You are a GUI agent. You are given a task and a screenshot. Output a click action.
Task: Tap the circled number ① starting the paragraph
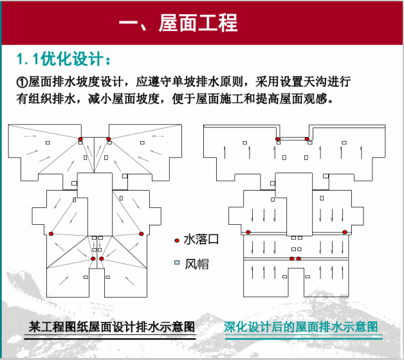click(x=21, y=82)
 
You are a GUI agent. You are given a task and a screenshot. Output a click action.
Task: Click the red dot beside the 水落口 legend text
click(x=176, y=240)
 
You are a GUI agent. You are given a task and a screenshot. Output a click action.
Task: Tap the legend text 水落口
click(x=201, y=240)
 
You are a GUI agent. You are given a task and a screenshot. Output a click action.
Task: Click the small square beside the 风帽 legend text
click(x=176, y=263)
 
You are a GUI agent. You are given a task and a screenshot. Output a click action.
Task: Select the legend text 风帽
click(x=196, y=263)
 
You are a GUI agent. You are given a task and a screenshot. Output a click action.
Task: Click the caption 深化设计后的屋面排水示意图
click(x=301, y=327)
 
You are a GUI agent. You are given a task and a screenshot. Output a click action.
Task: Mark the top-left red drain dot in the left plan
click(x=80, y=139)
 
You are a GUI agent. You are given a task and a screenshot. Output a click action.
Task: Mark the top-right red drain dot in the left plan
click(x=109, y=139)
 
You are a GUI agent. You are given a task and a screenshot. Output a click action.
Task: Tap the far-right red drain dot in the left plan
click(x=142, y=233)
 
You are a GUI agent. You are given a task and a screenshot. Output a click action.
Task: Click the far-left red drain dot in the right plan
click(x=248, y=232)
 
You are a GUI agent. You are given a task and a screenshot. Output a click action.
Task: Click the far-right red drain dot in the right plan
click(x=345, y=232)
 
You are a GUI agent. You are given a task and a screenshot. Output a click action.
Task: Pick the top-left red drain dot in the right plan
click(x=278, y=138)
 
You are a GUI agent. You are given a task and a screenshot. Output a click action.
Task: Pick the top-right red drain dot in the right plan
click(x=307, y=138)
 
